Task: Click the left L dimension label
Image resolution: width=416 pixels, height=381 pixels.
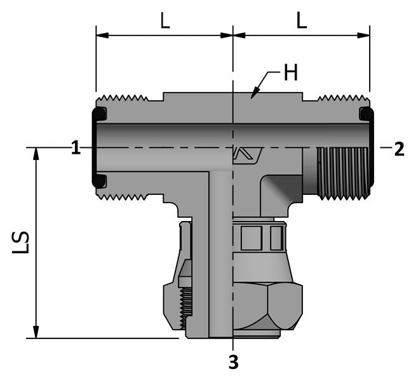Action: coord(164,21)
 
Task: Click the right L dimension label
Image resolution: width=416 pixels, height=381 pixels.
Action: coord(302,21)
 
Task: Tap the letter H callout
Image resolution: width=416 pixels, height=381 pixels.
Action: coord(290,73)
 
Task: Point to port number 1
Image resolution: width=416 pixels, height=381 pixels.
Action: coord(76,149)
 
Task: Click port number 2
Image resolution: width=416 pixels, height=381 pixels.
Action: coord(398,149)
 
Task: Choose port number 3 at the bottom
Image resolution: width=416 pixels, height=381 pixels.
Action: coord(233,363)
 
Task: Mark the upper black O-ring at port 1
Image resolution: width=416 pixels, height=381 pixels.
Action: coord(100,114)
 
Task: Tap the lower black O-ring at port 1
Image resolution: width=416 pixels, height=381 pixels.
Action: coord(99,181)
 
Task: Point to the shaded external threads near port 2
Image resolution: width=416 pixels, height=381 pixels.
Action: coord(343,170)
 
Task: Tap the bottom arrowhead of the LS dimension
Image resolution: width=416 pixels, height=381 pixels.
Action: coord(36,333)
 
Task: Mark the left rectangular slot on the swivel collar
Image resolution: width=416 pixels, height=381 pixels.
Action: coord(251,238)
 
